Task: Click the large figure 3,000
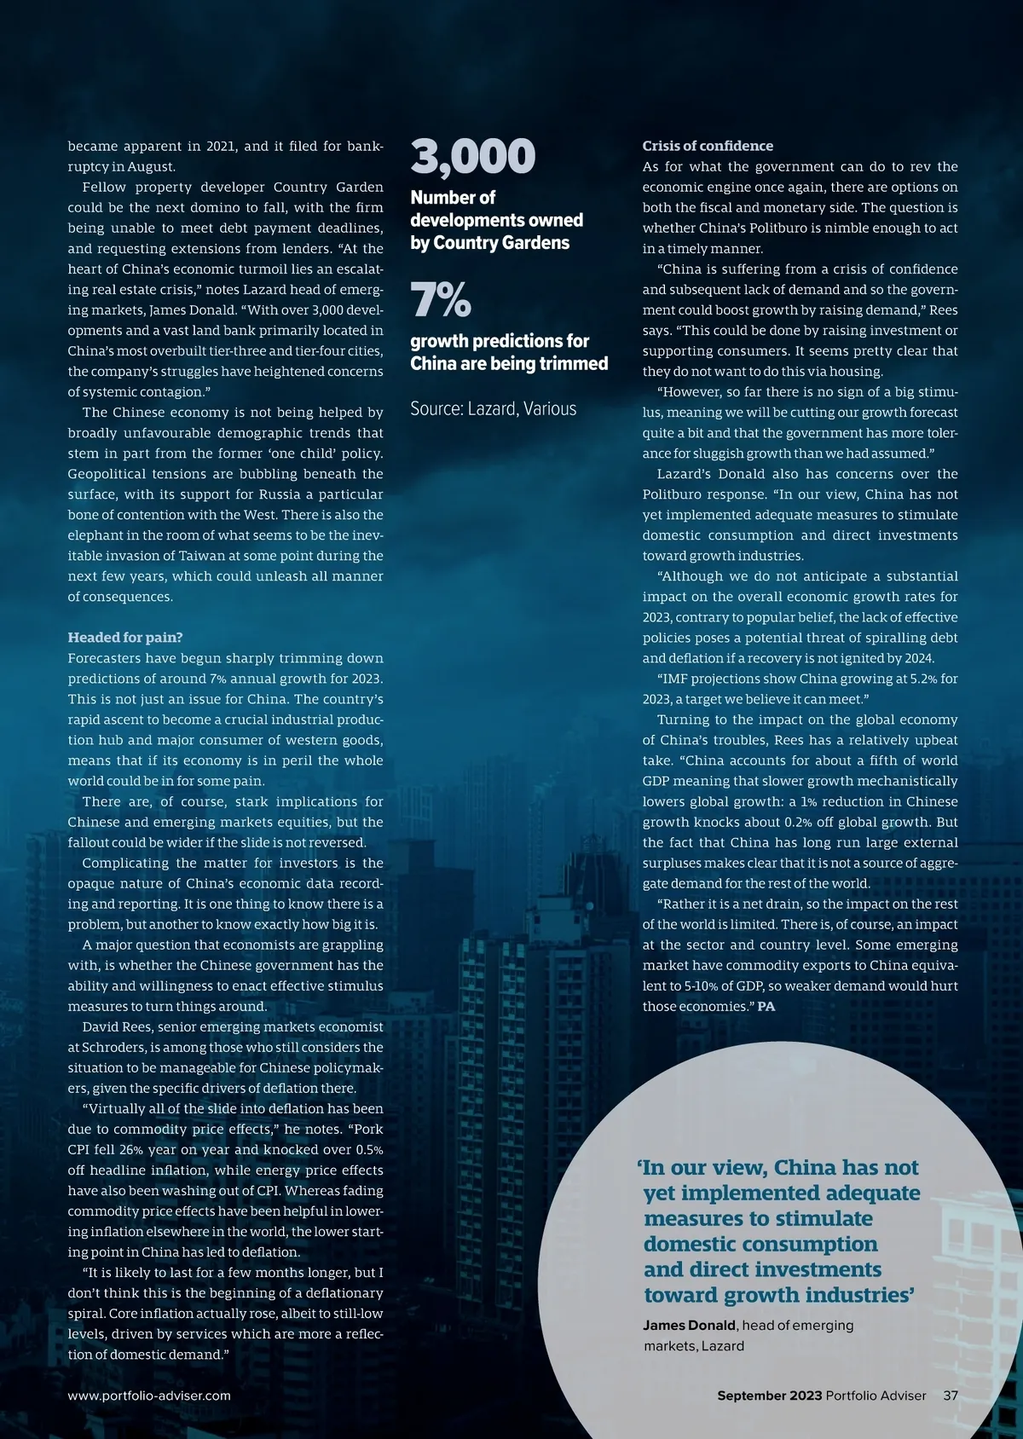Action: tap(473, 157)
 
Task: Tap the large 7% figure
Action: tap(441, 300)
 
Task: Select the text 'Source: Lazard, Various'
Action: tap(493, 409)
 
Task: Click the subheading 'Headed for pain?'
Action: tap(125, 638)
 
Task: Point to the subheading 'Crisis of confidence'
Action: tap(708, 146)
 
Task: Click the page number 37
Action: tap(951, 1396)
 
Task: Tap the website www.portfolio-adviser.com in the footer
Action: tap(149, 1396)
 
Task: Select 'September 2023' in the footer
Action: tap(769, 1396)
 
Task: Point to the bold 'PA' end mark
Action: tap(766, 1007)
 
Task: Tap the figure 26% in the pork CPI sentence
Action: tap(131, 1150)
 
